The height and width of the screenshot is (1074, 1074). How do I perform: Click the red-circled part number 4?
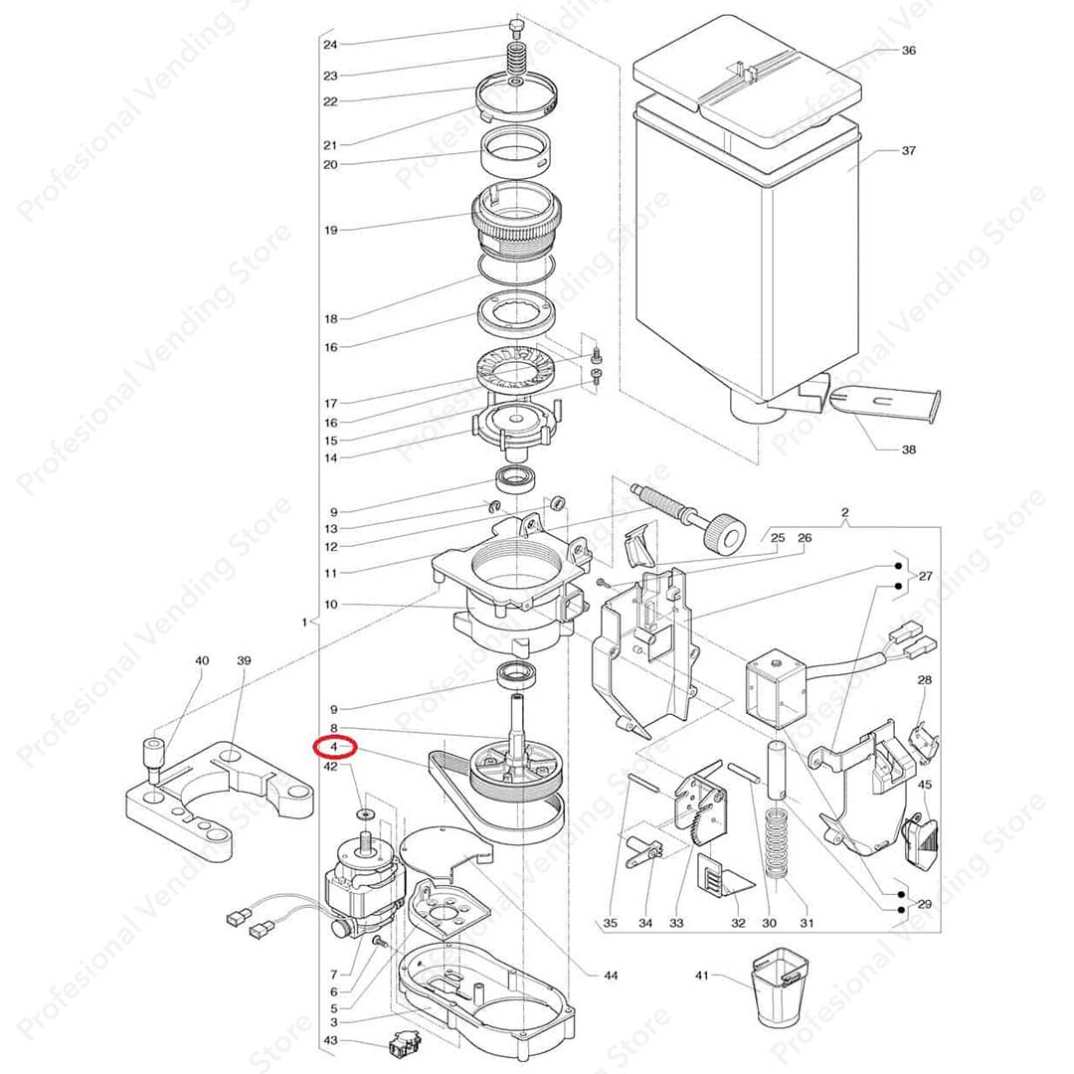[333, 747]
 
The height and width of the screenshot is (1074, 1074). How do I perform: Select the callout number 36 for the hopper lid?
[908, 51]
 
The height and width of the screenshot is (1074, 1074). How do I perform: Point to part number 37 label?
[908, 151]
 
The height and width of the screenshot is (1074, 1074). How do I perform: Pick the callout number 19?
[331, 230]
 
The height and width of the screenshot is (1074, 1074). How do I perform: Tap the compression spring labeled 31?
[776, 843]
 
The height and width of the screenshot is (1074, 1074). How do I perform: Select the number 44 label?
[611, 976]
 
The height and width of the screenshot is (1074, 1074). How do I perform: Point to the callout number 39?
[244, 661]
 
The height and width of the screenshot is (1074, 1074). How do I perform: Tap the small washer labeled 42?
[364, 814]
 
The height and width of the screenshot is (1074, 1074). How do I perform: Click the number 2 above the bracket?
[844, 512]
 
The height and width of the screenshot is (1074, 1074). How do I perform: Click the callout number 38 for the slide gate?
[908, 450]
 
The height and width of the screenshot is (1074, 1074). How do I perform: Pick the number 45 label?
[924, 785]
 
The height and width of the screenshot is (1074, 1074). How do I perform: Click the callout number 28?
[924, 680]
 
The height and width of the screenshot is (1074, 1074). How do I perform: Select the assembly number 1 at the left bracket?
[305, 623]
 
